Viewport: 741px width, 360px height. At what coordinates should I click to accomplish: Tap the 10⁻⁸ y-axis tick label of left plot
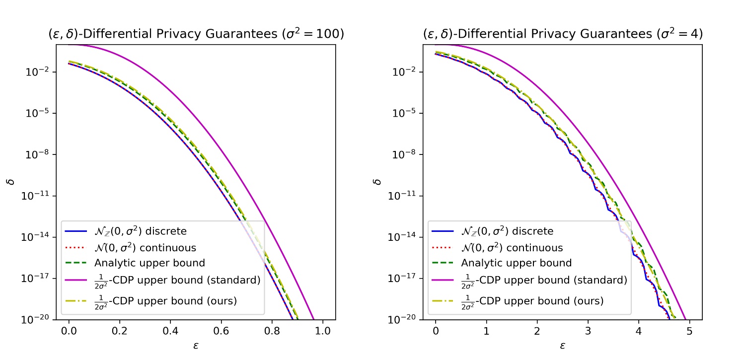click(x=38, y=154)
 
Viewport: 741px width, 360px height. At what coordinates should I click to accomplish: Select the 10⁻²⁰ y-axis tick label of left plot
click(x=36, y=319)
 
